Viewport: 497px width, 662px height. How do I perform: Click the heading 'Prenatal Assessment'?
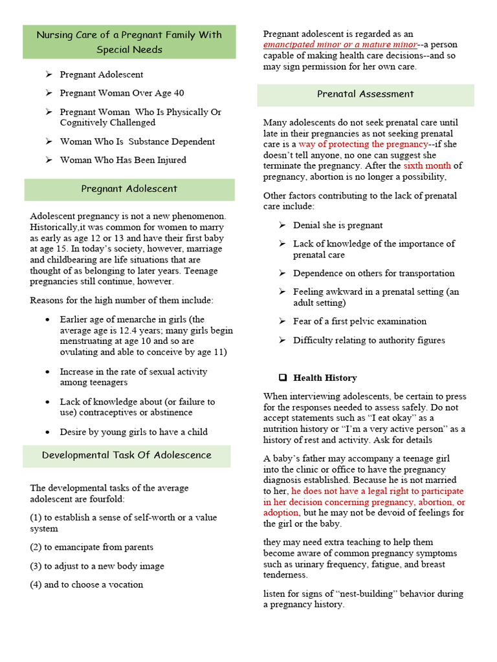[x=365, y=94]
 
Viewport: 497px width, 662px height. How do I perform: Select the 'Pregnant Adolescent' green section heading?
[x=129, y=189]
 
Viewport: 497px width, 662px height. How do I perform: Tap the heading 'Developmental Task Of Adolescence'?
[x=127, y=455]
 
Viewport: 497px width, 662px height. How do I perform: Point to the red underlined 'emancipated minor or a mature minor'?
[x=340, y=45]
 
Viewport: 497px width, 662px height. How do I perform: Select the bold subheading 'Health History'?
[x=325, y=378]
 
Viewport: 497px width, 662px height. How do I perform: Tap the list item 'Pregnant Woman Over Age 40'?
[x=122, y=93]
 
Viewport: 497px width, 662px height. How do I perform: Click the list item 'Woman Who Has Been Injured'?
[x=123, y=160]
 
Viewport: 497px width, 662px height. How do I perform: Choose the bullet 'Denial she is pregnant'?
[x=338, y=225]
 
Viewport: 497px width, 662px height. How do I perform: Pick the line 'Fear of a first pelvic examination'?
[x=360, y=321]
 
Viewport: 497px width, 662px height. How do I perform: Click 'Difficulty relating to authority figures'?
[x=369, y=340]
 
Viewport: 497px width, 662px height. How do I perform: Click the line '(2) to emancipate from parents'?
[x=92, y=547]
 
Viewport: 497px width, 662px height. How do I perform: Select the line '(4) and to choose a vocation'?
[x=87, y=584]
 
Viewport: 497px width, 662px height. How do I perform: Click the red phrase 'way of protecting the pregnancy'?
[x=363, y=144]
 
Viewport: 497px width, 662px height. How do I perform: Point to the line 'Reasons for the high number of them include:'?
[x=122, y=300]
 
